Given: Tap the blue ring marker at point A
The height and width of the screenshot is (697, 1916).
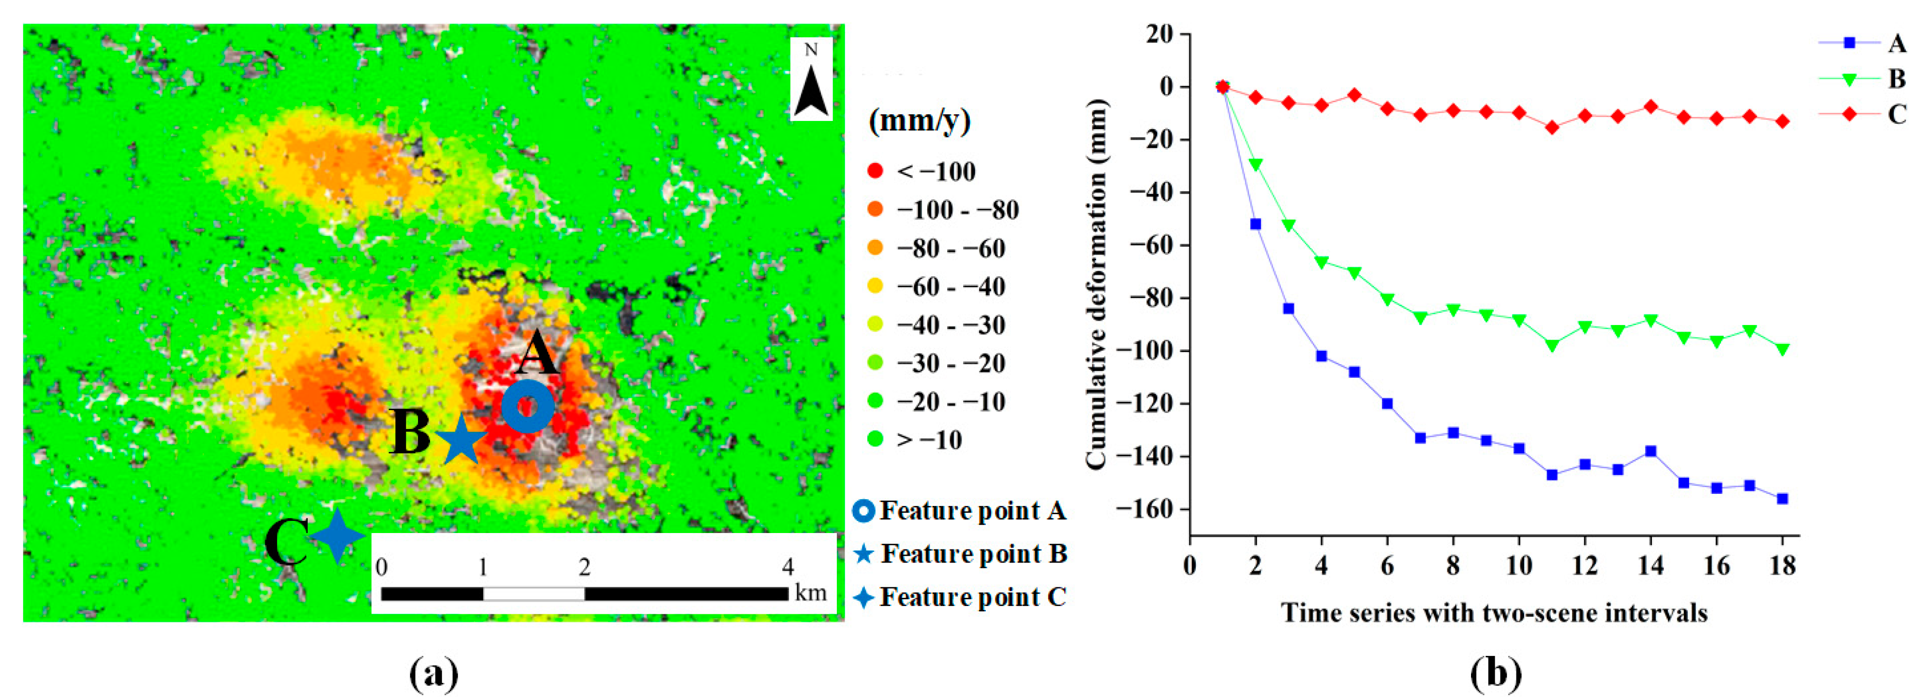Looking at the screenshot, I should (527, 407).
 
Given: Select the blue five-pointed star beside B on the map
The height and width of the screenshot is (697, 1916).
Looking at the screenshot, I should (461, 439).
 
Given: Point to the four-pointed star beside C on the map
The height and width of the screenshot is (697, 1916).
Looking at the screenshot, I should (337, 535).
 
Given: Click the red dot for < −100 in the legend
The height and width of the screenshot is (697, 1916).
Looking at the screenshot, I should (876, 171).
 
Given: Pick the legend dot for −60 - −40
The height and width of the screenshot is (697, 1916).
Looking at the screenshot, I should (876, 286).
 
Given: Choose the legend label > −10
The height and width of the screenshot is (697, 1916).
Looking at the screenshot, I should (930, 440).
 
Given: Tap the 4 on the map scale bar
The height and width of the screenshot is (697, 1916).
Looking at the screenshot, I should (787, 567).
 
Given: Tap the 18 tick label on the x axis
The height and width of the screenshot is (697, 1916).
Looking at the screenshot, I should (1783, 566).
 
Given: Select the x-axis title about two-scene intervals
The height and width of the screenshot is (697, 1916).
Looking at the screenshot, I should (1494, 612).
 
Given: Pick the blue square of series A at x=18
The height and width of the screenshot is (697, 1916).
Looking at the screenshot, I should (1783, 498).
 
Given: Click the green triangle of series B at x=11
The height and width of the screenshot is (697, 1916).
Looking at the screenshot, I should (1552, 345).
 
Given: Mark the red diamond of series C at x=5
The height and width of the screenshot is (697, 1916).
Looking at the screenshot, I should (1354, 94).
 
